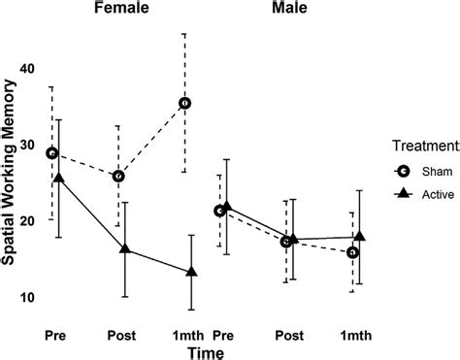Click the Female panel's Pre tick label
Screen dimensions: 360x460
point(55,335)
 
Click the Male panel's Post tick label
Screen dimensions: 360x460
point(288,335)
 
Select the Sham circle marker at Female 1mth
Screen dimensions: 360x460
point(184,103)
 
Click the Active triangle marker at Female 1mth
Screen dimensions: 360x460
point(191,272)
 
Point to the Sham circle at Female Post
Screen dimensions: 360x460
point(118,176)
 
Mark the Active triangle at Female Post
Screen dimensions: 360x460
point(125,249)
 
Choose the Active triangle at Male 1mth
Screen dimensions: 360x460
point(359,236)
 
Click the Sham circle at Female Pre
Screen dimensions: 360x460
point(52,153)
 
